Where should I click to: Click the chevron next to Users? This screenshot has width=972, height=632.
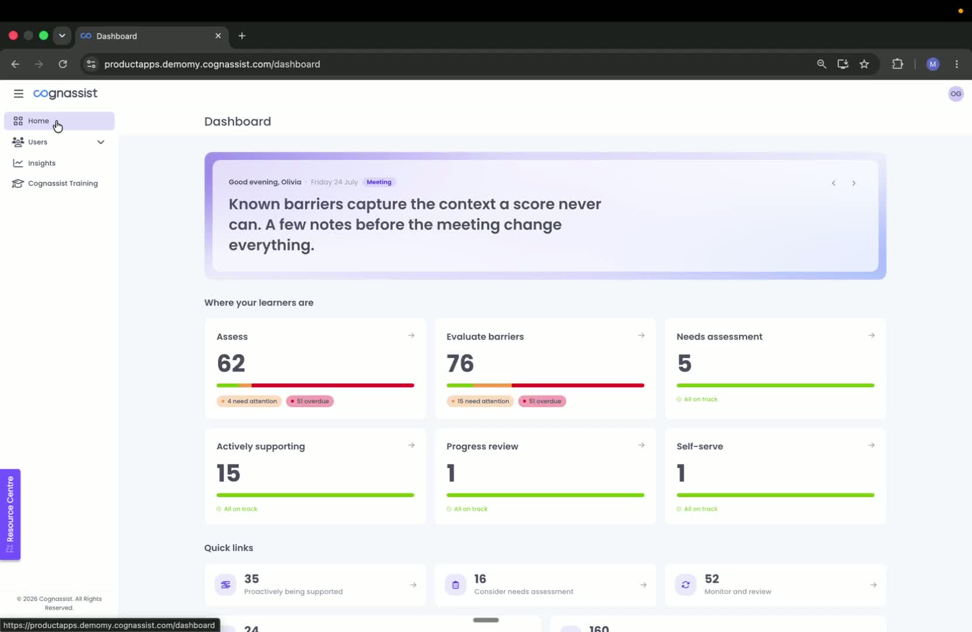[x=101, y=142]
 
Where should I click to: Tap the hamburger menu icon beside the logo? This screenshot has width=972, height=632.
[x=18, y=94]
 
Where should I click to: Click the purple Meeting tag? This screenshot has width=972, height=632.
[x=379, y=182]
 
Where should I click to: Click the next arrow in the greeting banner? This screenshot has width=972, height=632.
[x=854, y=183]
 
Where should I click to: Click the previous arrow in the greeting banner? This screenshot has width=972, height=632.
[x=834, y=183]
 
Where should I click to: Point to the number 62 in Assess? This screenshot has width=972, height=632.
[x=231, y=363]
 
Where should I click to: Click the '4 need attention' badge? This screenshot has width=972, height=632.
[x=249, y=401]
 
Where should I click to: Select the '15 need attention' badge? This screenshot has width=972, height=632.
[x=480, y=401]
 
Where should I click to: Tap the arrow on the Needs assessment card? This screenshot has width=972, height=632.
[x=871, y=336]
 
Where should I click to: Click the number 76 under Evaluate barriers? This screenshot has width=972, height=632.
[x=460, y=363]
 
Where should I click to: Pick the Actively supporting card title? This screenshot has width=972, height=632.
[x=261, y=446]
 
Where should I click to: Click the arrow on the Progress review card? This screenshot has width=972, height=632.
[x=641, y=445]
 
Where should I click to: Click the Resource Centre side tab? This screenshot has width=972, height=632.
[x=10, y=514]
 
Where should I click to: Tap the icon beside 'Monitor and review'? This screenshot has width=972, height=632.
[x=686, y=585]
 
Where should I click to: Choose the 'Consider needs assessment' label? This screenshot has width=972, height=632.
[x=523, y=592]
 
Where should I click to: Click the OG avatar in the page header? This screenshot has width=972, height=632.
[x=956, y=94]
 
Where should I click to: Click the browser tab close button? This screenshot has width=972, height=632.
[x=218, y=36]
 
